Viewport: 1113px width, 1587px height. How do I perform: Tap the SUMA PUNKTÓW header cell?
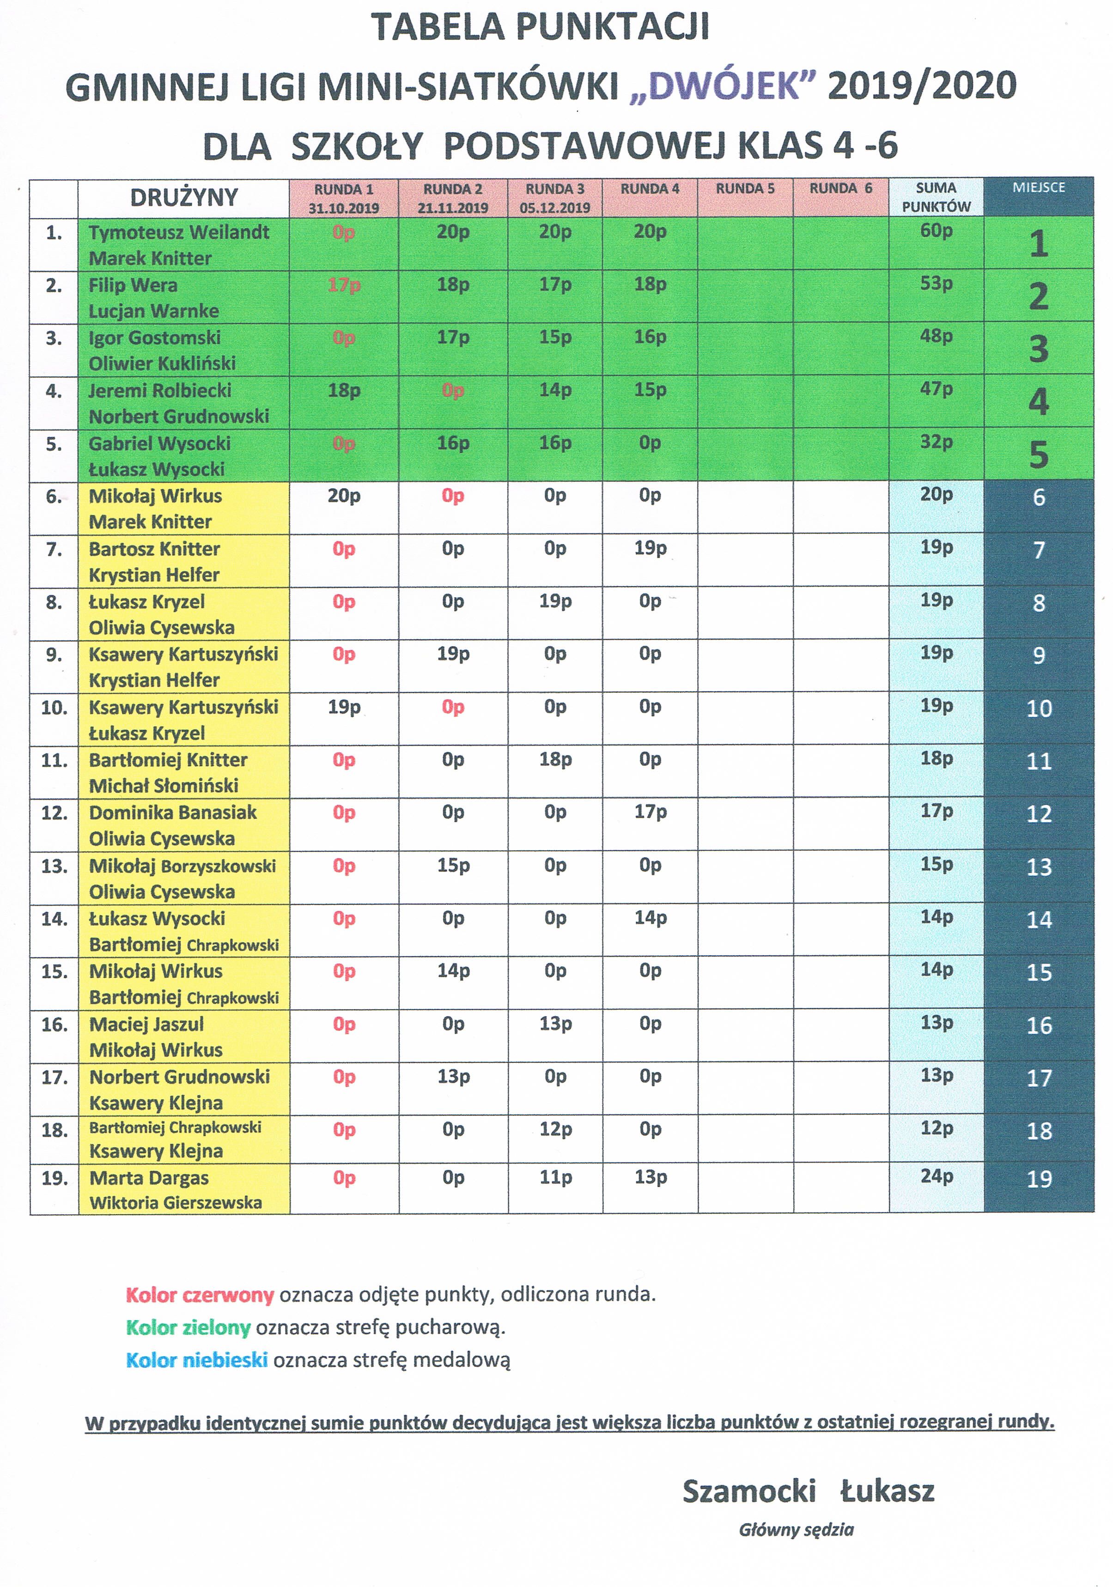tap(936, 197)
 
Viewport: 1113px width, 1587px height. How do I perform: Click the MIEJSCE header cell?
tap(1038, 188)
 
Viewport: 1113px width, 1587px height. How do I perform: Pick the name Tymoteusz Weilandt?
tap(179, 232)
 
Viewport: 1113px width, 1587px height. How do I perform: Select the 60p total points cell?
tap(936, 231)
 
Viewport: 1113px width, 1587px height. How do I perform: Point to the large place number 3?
tap(1038, 349)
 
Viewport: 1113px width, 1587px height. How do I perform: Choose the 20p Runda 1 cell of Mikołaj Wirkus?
tap(344, 495)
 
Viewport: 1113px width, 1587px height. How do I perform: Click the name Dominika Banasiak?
tap(173, 812)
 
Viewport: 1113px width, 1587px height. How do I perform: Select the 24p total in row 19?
tap(936, 1176)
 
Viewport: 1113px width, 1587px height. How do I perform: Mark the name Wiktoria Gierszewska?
tap(176, 1203)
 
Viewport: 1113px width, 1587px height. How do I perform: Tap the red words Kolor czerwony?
tap(200, 1295)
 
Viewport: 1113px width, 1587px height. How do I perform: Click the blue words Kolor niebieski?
tap(196, 1360)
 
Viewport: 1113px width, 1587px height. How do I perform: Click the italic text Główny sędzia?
tap(796, 1530)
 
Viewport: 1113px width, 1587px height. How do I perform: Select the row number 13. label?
tap(54, 866)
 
